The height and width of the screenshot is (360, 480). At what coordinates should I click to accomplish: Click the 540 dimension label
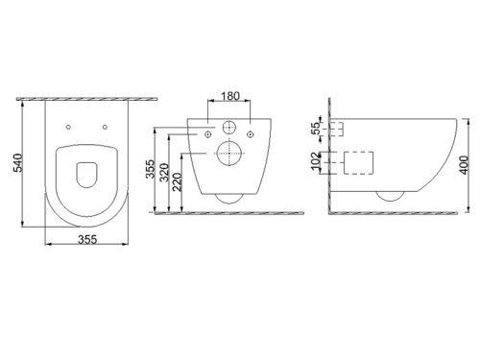pos(17,163)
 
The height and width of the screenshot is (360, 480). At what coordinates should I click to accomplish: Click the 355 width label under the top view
pos(87,239)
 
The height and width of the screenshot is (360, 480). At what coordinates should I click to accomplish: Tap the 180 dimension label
pos(230,96)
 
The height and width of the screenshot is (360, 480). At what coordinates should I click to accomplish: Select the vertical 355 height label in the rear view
pos(150,169)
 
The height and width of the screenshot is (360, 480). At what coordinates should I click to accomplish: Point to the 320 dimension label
pos(164,173)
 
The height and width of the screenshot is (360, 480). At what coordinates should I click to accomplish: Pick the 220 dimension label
pos(178,181)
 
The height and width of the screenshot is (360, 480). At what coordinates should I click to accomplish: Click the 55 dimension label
pos(316,128)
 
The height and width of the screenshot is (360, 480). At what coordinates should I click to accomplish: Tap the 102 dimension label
pos(316,161)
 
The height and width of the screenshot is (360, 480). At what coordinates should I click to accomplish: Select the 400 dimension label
pos(465,165)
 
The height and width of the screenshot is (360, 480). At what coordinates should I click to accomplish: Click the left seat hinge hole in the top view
pos(68,127)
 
